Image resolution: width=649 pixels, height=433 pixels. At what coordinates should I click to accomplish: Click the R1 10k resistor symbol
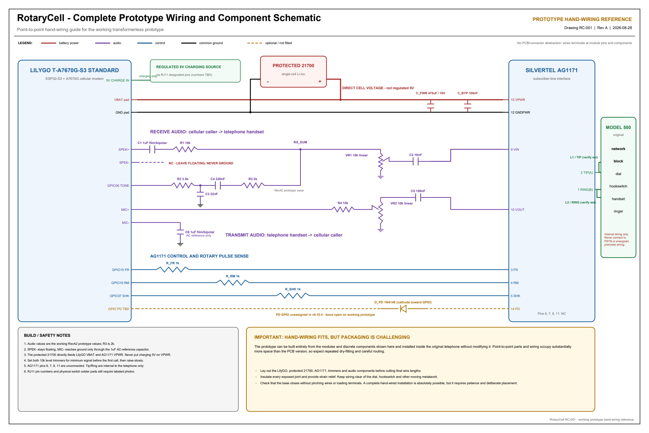pos(185,149)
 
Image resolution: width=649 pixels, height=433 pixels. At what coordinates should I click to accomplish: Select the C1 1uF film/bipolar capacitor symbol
pos(152,149)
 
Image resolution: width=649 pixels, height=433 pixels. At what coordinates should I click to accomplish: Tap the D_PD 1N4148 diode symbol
pos(403,309)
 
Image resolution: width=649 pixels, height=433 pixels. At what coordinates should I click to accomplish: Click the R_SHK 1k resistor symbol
pos(293,296)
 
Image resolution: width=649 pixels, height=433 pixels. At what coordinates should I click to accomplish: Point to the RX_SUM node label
pos(300,142)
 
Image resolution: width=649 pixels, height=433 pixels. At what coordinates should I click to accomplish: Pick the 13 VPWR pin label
pos(518,100)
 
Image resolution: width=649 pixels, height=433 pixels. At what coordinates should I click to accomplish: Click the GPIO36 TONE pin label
pos(118,186)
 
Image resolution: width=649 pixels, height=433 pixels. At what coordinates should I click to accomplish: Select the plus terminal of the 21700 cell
pos(320,82)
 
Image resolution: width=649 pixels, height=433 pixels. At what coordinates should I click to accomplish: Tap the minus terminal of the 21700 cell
pos(268,82)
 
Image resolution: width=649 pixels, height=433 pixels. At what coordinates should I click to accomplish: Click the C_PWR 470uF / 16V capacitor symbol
pos(431,106)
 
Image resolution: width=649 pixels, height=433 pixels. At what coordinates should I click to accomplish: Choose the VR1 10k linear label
pos(357,155)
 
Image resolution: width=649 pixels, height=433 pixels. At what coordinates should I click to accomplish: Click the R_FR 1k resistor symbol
pos(173,270)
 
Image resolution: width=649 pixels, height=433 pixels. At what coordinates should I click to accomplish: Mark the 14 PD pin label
pos(515,309)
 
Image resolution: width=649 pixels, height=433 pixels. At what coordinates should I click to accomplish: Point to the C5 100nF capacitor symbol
pos(418,197)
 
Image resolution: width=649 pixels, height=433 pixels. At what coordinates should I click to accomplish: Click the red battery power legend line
pos(48,43)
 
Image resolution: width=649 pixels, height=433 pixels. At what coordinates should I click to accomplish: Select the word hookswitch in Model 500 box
pos(618,186)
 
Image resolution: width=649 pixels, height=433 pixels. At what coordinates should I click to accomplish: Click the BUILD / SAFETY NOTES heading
pos(47,335)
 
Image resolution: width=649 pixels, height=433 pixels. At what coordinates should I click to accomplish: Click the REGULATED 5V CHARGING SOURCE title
pos(189,67)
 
